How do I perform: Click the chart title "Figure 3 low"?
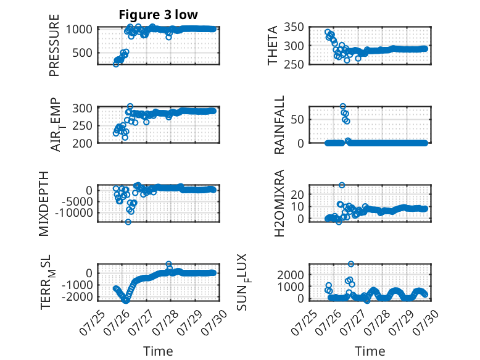pyautogui.click(x=159, y=15)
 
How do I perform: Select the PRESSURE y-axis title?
pyautogui.click(x=54, y=45)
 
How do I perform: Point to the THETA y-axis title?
pyautogui.click(x=272, y=45)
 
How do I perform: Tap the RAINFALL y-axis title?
pyautogui.click(x=279, y=125)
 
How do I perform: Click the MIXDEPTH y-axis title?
pyautogui.click(x=44, y=204)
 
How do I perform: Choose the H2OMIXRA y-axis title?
pyautogui.click(x=279, y=203)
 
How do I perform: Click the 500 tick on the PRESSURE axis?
pyautogui.click(x=82, y=53)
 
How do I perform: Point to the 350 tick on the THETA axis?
pyautogui.click(x=294, y=27)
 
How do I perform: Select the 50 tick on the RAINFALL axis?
pyautogui.click(x=297, y=120)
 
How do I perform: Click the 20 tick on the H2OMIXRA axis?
pyautogui.click(x=297, y=195)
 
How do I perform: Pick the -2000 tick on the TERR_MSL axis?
pyautogui.click(x=77, y=296)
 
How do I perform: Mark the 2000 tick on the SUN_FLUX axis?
pyautogui.click(x=291, y=275)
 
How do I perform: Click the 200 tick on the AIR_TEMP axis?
pyautogui.click(x=82, y=143)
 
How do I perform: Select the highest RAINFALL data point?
pyautogui.click(x=343, y=106)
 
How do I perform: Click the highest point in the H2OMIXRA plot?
pyautogui.click(x=342, y=185)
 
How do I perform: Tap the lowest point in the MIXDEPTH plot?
pyautogui.click(x=128, y=222)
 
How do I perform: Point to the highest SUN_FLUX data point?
pyautogui.click(x=351, y=264)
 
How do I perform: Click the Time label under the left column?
pyautogui.click(x=159, y=351)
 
